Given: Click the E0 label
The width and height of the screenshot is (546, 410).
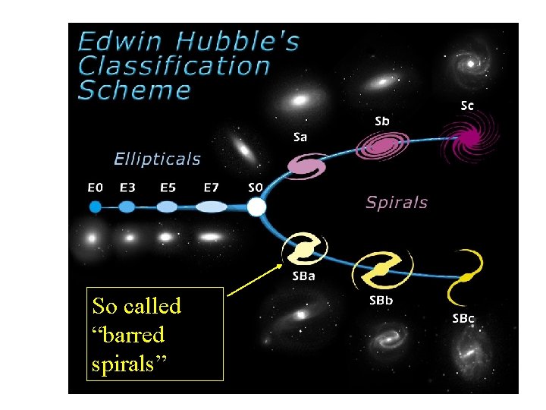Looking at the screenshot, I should [x=96, y=187].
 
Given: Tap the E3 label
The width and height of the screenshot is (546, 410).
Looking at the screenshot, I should [x=128, y=187].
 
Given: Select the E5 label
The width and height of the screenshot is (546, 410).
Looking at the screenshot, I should [x=169, y=187].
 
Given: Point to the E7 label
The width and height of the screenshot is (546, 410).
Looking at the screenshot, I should [x=212, y=187].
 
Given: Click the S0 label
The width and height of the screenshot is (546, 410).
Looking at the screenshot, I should [x=256, y=187].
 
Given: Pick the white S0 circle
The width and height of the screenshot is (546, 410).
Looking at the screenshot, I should [x=257, y=207].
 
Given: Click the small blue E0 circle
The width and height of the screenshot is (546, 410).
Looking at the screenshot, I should [x=96, y=207].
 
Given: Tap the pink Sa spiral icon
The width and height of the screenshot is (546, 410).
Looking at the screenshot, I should [x=306, y=166].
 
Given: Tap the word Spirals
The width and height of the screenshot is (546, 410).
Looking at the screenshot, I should [x=397, y=203].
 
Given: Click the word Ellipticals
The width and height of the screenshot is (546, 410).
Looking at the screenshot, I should [x=157, y=159].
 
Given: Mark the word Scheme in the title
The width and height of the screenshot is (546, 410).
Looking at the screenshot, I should [x=135, y=90].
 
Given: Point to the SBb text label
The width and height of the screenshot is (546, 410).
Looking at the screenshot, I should [x=381, y=301].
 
